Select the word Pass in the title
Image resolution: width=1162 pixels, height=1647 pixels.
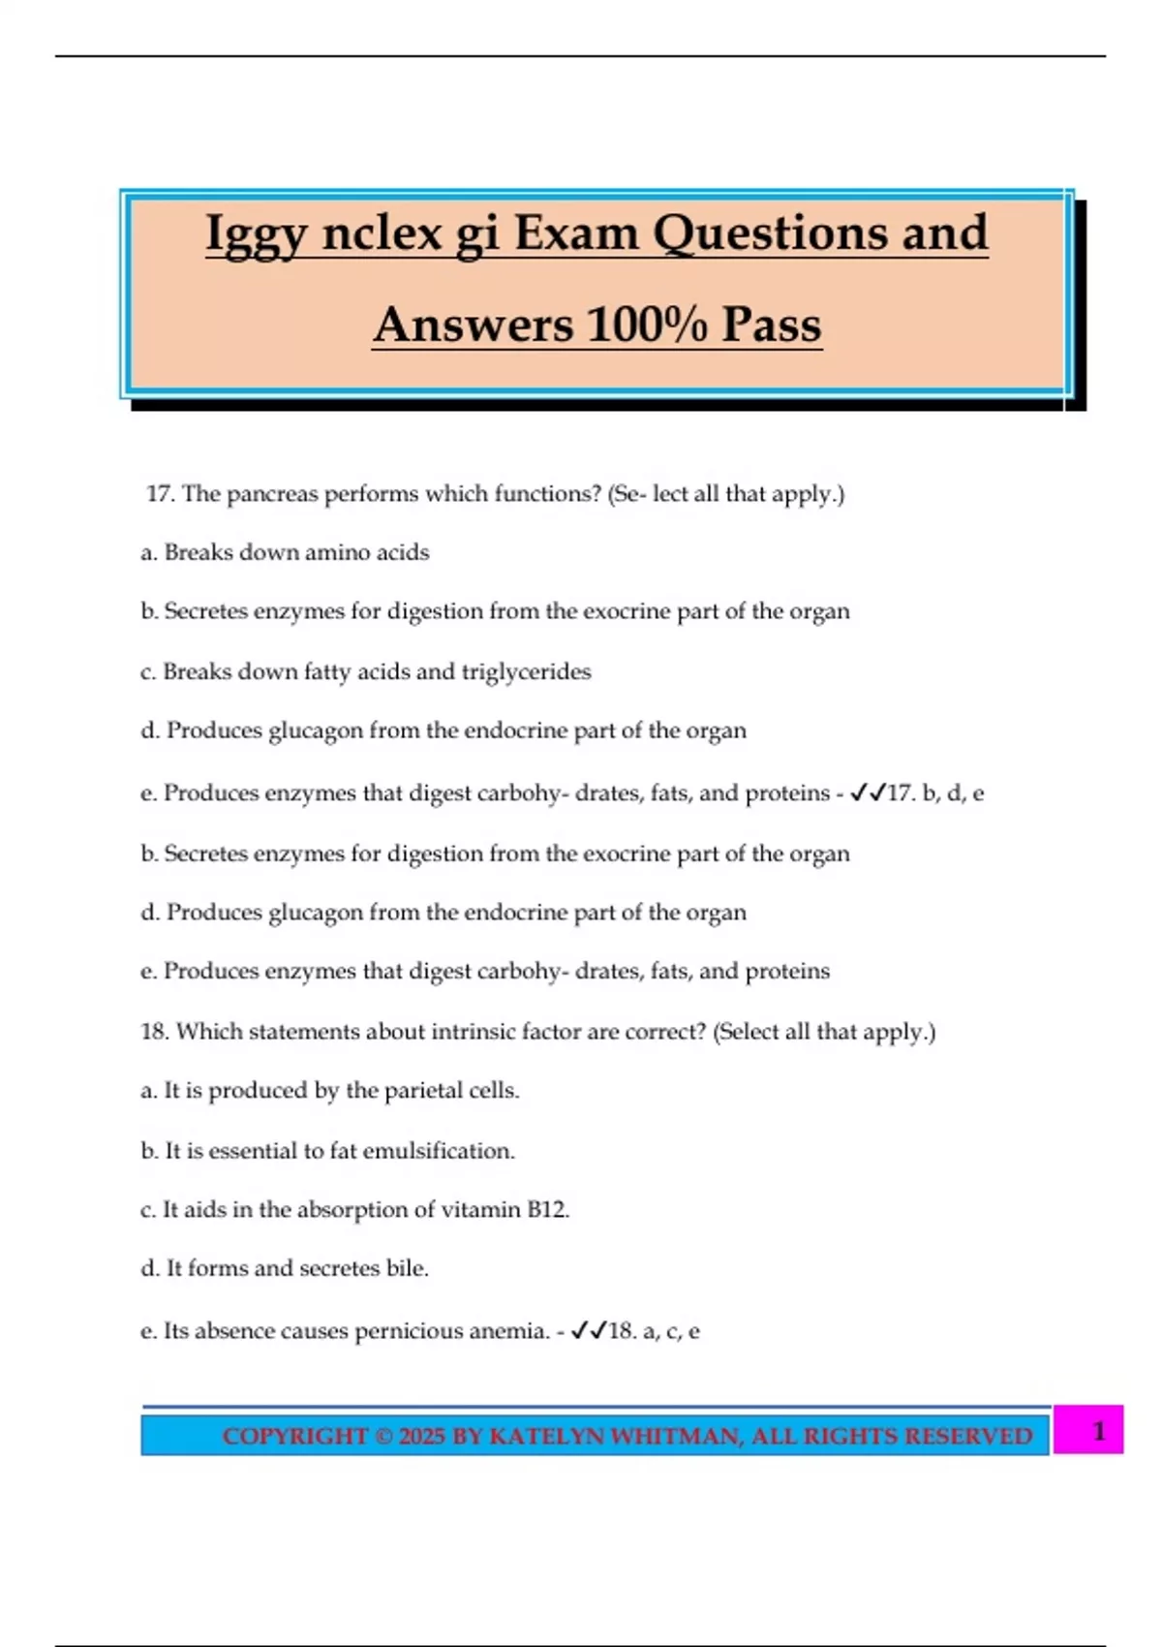[772, 325]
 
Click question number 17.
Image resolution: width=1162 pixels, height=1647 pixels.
[160, 494]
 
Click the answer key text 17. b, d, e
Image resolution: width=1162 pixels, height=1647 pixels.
[935, 793]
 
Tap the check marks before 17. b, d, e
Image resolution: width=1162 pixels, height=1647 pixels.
[868, 793]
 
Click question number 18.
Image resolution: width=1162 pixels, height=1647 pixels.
[155, 1032]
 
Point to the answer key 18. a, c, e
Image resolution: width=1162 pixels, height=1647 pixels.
[654, 1331]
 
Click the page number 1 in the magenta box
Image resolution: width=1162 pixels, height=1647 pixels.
[1098, 1431]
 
